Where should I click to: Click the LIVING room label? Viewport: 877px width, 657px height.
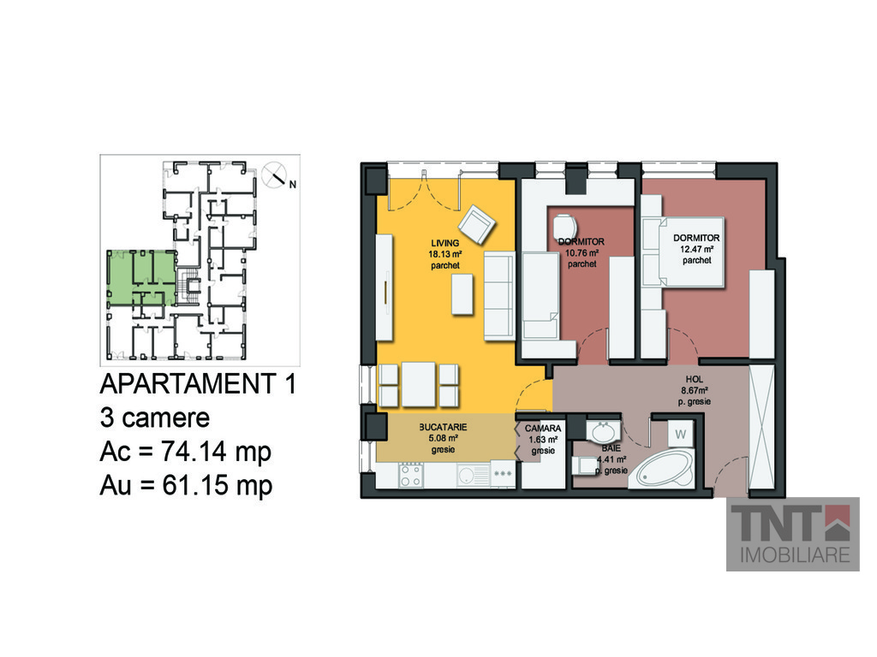click(x=445, y=243)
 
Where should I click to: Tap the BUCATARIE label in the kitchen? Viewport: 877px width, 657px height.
click(x=443, y=427)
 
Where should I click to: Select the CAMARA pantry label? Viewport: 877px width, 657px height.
click(x=542, y=429)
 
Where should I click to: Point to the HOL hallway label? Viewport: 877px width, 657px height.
click(x=694, y=379)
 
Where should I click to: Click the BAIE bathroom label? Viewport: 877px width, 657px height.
click(x=611, y=448)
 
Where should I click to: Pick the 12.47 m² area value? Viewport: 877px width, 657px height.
click(x=696, y=249)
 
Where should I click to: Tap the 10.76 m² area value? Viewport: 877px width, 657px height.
click(x=582, y=253)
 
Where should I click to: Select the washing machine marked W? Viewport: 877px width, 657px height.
click(x=680, y=434)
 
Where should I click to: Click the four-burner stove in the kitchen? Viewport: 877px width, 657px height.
click(x=410, y=475)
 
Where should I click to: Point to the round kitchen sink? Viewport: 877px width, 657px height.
click(x=465, y=476)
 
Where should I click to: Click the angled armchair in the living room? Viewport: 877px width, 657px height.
click(x=477, y=224)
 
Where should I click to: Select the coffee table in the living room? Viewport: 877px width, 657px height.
click(x=462, y=294)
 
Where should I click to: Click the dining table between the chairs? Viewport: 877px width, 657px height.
click(x=418, y=384)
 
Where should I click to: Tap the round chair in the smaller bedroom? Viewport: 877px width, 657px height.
click(x=565, y=228)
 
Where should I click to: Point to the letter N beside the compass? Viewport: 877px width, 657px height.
click(x=293, y=185)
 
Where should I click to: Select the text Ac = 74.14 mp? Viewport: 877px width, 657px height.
click(x=186, y=452)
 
